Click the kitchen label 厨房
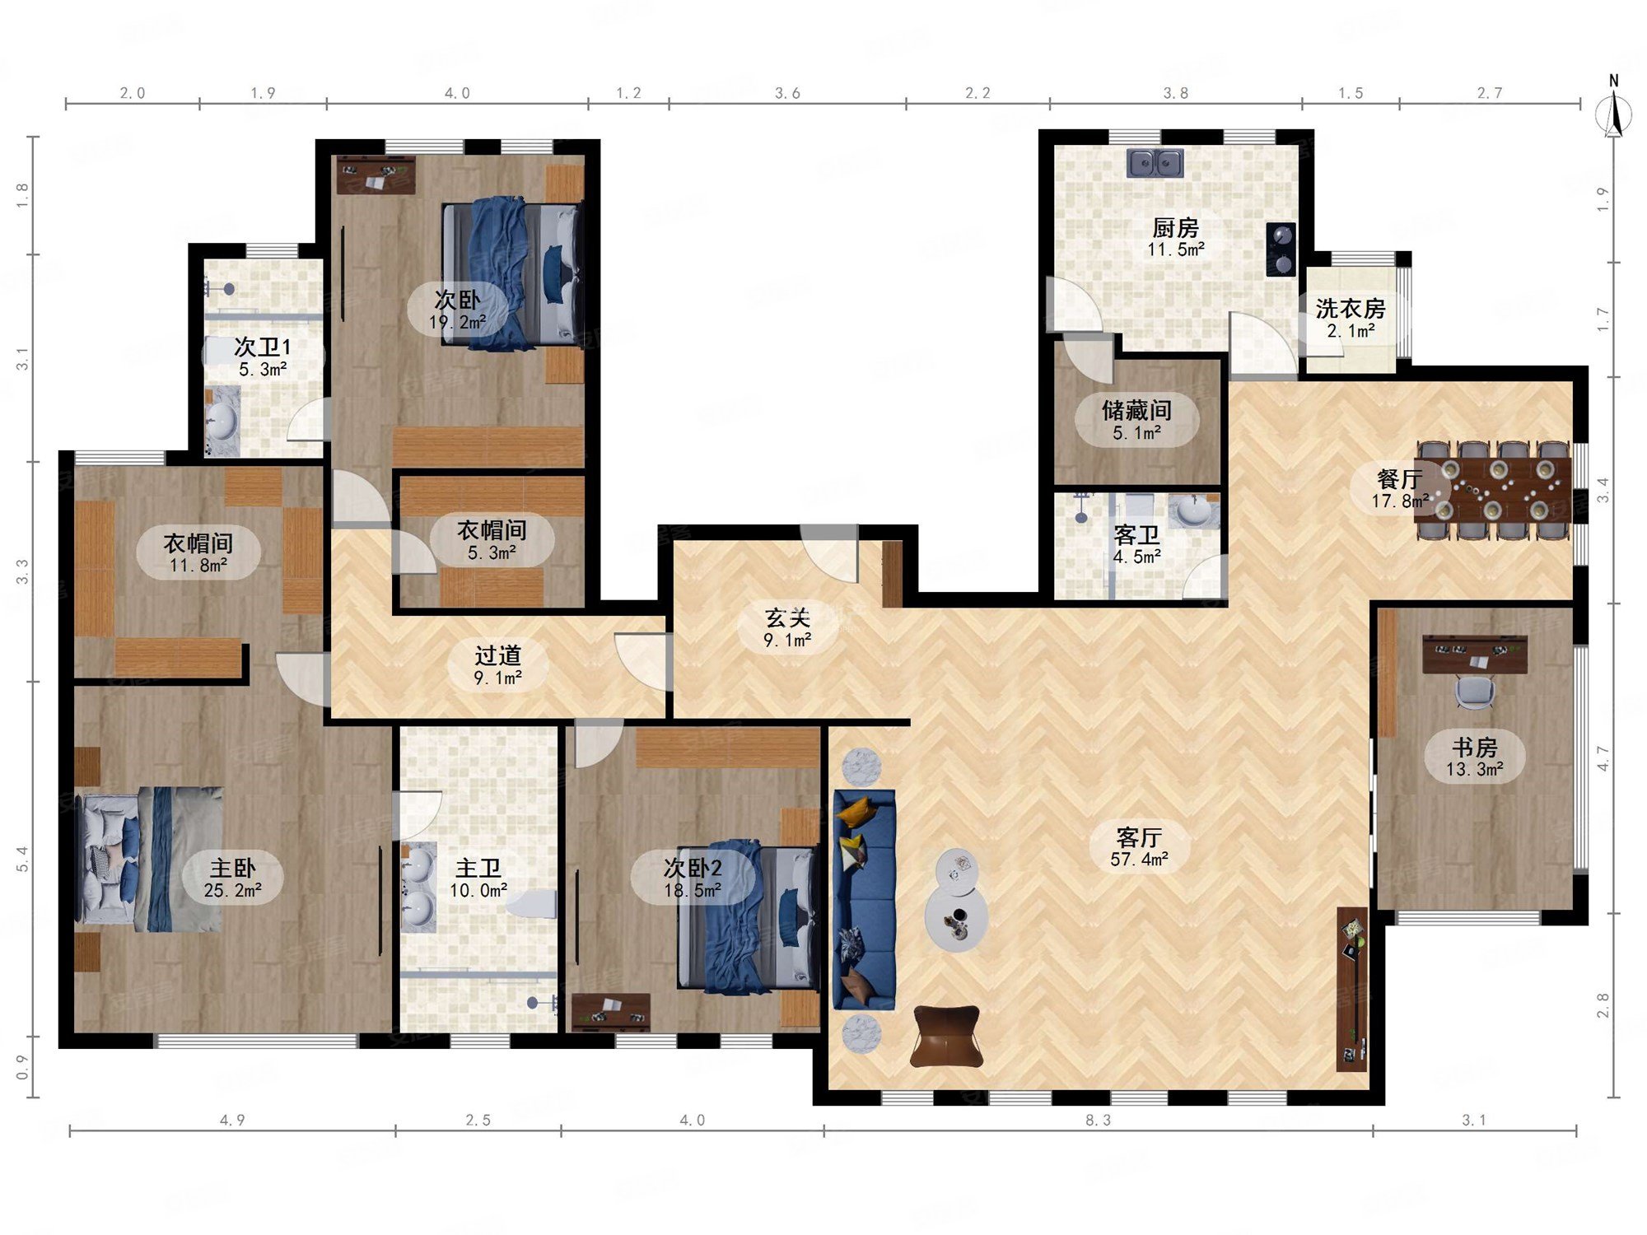point(1175,226)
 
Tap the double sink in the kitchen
point(1155,163)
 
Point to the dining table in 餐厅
point(1495,490)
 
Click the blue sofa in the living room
point(864,899)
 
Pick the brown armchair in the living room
point(946,1036)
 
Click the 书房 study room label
point(1474,747)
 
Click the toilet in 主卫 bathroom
point(532,904)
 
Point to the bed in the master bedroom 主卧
point(151,859)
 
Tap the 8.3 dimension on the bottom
point(1098,1120)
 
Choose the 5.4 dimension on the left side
point(22,859)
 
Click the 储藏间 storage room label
point(1136,410)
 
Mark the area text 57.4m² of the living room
point(1139,860)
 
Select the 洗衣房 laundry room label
point(1351,309)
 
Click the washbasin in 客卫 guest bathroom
point(1194,511)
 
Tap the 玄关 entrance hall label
point(787,617)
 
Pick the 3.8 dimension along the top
point(1175,93)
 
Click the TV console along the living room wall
point(1352,989)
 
